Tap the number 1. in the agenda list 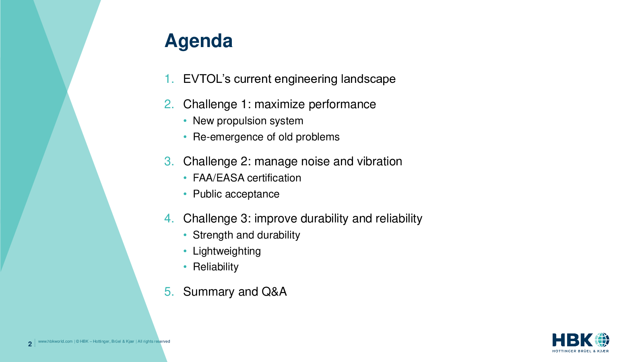click(x=169, y=79)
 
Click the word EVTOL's click(x=207, y=79)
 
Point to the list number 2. click(x=169, y=104)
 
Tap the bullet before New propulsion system click(x=185, y=121)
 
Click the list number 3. click(x=169, y=161)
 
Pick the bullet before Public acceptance click(x=185, y=194)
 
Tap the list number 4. click(x=169, y=219)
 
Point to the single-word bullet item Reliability click(x=216, y=267)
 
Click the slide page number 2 click(x=30, y=344)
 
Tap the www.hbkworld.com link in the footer click(x=55, y=341)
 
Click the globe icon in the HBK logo click(x=602, y=340)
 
